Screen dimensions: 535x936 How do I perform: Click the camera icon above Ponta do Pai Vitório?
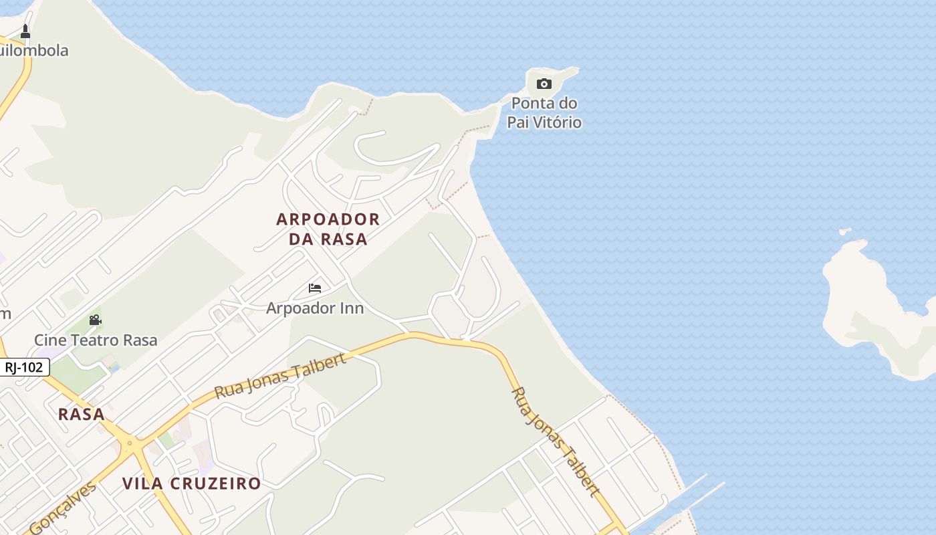click(x=544, y=84)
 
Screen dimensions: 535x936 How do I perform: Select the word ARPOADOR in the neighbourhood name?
click(x=328, y=219)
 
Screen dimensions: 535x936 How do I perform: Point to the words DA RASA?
click(x=328, y=239)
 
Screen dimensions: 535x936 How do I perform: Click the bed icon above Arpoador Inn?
click(x=315, y=288)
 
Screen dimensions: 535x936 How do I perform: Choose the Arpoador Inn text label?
click(x=315, y=308)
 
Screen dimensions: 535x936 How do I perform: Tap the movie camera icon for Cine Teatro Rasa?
click(x=95, y=320)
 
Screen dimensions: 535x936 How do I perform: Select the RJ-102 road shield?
click(x=24, y=367)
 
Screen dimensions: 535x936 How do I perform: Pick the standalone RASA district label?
click(x=82, y=414)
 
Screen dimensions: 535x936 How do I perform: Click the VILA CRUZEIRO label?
click(x=191, y=484)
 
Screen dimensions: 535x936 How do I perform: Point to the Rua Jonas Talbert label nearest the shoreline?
click(x=555, y=441)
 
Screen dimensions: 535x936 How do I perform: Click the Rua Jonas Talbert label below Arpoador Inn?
click(x=281, y=376)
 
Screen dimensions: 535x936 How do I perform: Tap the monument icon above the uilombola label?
click(x=25, y=31)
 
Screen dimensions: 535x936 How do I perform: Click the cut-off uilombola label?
click(x=33, y=51)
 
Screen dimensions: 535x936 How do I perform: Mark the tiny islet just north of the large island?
click(x=845, y=232)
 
